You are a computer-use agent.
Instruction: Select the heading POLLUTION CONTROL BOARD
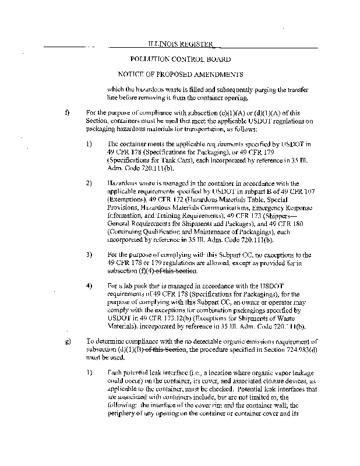(x=179, y=59)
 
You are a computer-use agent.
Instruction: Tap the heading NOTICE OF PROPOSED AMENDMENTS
(x=180, y=75)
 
